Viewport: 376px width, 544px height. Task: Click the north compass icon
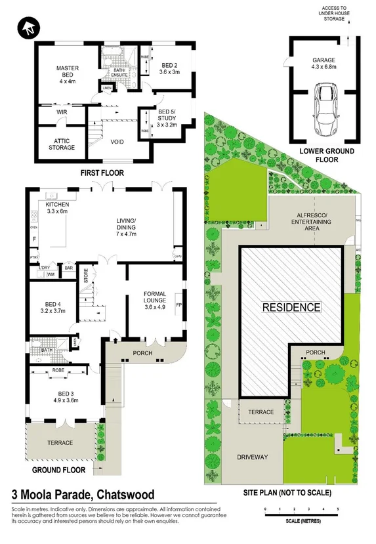coord(29,28)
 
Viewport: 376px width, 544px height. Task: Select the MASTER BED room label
coord(68,72)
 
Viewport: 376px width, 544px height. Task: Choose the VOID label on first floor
coord(118,141)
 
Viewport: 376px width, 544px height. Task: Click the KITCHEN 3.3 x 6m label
coord(57,207)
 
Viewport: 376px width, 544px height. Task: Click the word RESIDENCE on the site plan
coord(292,306)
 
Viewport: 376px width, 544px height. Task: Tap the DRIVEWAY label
coord(252,457)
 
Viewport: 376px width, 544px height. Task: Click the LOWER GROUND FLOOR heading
coord(326,155)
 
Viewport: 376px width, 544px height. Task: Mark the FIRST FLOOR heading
coord(102,173)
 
